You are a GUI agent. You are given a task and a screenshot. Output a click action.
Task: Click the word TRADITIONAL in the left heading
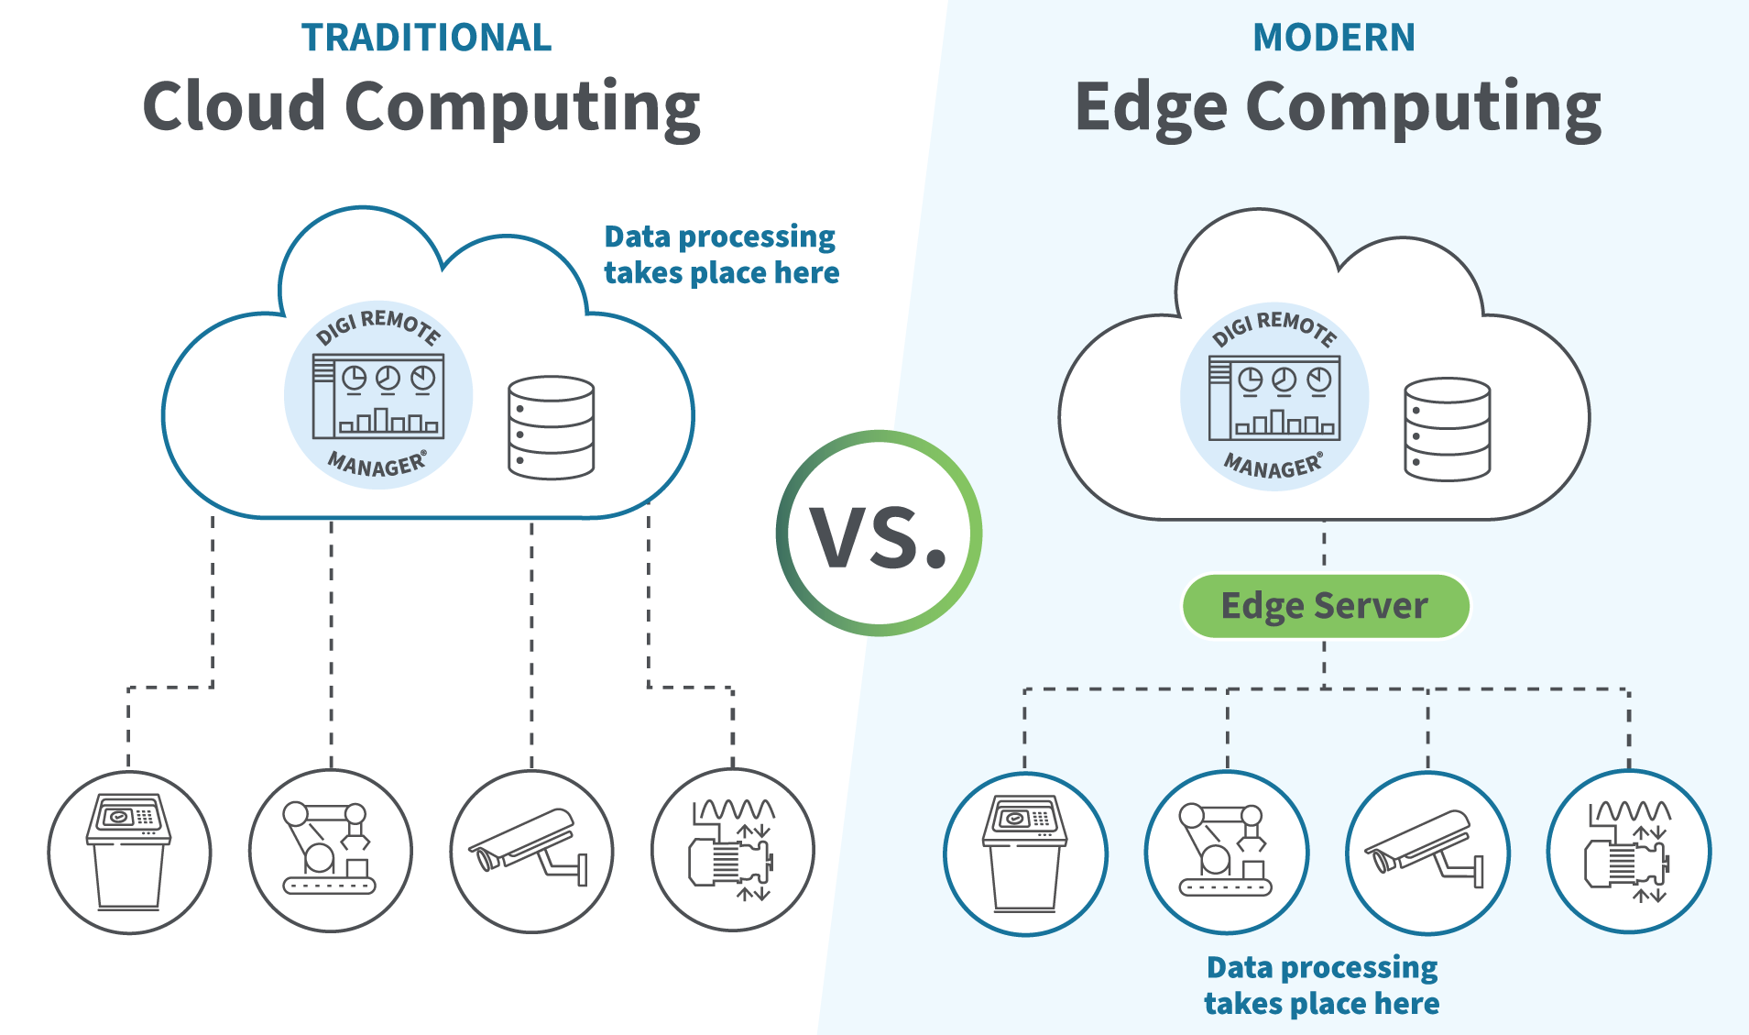pyautogui.click(x=426, y=38)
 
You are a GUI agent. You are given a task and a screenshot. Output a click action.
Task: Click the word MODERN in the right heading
pyautogui.click(x=1333, y=38)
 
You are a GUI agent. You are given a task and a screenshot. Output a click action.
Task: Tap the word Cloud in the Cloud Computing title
pyautogui.click(x=234, y=105)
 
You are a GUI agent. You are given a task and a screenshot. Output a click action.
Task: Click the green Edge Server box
pyautogui.click(x=1325, y=606)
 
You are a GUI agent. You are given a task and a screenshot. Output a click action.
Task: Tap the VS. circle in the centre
pyautogui.click(x=879, y=534)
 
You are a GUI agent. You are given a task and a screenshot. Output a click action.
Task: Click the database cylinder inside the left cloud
pyautogui.click(x=551, y=427)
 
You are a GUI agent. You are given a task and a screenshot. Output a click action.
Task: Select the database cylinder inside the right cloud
pyautogui.click(x=1447, y=429)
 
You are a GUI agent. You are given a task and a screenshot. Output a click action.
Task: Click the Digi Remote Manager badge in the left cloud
pyautogui.click(x=378, y=395)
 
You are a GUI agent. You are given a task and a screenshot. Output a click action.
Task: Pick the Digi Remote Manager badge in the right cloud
pyautogui.click(x=1274, y=397)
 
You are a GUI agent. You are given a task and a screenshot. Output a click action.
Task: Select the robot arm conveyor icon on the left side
pyautogui.click(x=330, y=851)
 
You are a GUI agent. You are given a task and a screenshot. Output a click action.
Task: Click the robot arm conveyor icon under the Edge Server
pyautogui.click(x=1227, y=853)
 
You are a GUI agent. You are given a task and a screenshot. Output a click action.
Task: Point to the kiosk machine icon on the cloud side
pyautogui.click(x=129, y=853)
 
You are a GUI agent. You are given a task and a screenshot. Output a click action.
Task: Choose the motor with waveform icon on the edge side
pyautogui.click(x=1628, y=853)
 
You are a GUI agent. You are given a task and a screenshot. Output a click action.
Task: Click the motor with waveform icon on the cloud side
pyautogui.click(x=732, y=851)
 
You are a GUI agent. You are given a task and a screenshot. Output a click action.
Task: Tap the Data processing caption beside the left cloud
pyautogui.click(x=721, y=255)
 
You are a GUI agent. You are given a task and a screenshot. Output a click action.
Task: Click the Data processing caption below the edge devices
pyautogui.click(x=1321, y=985)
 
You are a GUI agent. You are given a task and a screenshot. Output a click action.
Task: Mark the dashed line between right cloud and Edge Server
pyautogui.click(x=1324, y=546)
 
